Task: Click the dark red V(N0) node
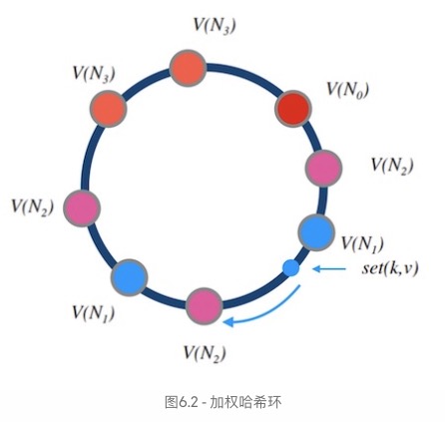(293, 109)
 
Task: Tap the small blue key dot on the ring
(291, 267)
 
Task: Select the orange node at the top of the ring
(188, 68)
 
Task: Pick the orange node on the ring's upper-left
(109, 109)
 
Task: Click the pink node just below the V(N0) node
(323, 168)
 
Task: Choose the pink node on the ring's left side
(82, 209)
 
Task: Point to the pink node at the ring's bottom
(204, 306)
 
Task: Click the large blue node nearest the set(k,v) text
(316, 232)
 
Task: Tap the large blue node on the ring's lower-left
(130, 277)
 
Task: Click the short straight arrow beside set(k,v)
(329, 268)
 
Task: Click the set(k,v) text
(390, 268)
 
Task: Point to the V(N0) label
(348, 89)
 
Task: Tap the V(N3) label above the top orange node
(215, 25)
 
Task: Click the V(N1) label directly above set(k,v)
(362, 243)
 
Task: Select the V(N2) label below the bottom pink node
(205, 353)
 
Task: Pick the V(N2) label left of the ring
(33, 207)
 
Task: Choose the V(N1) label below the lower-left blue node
(94, 313)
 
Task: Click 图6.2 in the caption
(182, 402)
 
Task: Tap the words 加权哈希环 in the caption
(245, 402)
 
